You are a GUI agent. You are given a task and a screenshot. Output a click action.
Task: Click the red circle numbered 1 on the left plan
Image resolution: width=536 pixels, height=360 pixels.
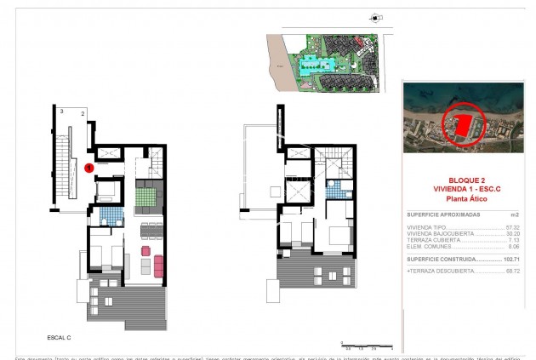pyautogui.click(x=89, y=169)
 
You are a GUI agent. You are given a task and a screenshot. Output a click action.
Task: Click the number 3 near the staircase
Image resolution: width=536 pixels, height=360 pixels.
pyautogui.click(x=62, y=111)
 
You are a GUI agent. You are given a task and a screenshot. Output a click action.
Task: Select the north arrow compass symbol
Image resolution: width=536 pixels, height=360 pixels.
pyautogui.click(x=373, y=16)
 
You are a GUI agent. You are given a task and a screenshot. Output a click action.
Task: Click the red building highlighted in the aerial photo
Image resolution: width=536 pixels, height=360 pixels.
pyautogui.click(x=464, y=126)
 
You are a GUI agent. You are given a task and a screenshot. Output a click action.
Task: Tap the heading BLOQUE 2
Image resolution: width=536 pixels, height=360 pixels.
pyautogui.click(x=465, y=170)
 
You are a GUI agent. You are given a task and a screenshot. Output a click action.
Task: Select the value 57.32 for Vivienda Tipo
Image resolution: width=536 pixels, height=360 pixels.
pyautogui.click(x=512, y=228)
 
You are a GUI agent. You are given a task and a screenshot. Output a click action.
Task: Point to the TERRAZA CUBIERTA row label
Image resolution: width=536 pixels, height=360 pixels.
pyautogui.click(x=431, y=240)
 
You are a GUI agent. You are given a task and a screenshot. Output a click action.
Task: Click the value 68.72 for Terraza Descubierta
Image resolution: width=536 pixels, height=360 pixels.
pyautogui.click(x=512, y=270)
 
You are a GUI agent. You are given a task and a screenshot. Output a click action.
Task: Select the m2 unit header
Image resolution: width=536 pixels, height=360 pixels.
pyautogui.click(x=514, y=216)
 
